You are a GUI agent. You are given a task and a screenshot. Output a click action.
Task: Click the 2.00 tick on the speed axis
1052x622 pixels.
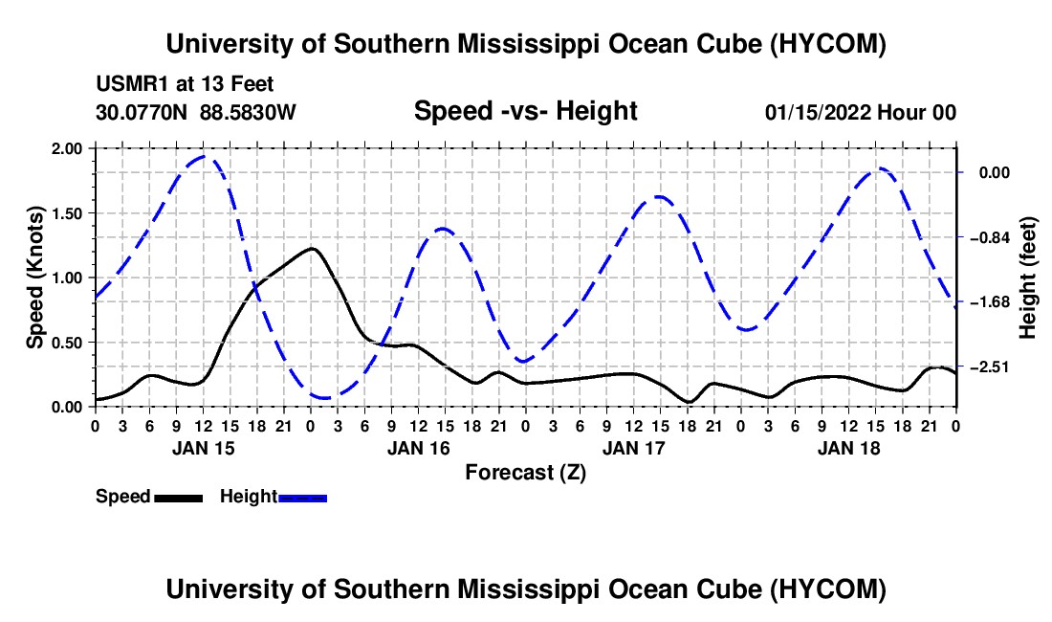coord(66,148)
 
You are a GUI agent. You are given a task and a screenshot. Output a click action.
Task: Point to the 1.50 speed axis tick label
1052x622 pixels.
coord(66,213)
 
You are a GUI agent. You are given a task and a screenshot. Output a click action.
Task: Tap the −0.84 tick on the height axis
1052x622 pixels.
coord(994,237)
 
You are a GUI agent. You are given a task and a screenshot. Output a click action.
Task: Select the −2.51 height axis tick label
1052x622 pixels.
coord(994,367)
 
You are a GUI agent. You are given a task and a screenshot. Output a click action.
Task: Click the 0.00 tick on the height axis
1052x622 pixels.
coord(995,173)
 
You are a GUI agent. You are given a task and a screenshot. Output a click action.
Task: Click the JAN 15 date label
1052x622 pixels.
coord(204,448)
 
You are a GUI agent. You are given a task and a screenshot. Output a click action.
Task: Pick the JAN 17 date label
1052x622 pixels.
coord(633,448)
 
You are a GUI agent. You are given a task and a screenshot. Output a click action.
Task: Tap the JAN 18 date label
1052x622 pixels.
coord(848,448)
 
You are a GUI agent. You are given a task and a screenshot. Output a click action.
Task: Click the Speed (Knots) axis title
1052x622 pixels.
coord(34,278)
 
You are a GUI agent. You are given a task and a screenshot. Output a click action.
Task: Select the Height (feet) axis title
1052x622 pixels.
coord(1027,278)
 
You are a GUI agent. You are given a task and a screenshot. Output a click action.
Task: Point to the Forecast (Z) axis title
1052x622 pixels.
coord(526,473)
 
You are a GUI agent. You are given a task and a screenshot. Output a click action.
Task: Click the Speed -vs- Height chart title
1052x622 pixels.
coord(525,111)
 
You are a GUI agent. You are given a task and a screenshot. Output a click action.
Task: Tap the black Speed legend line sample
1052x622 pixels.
coord(179,498)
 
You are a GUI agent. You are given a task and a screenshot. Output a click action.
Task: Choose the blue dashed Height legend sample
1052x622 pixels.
coord(302,498)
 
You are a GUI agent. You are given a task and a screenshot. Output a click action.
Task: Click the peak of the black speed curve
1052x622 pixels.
coord(312,248)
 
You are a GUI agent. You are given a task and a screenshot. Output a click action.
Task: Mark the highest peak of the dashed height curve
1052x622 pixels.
coord(204,156)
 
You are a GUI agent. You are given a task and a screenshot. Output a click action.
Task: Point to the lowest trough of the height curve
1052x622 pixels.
coord(325,398)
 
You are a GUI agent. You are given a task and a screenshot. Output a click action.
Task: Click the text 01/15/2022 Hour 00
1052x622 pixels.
coord(860,112)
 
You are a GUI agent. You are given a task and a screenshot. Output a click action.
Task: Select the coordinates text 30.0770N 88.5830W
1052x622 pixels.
coord(195,112)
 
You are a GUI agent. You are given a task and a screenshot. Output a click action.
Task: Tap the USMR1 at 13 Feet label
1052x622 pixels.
coord(185,84)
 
